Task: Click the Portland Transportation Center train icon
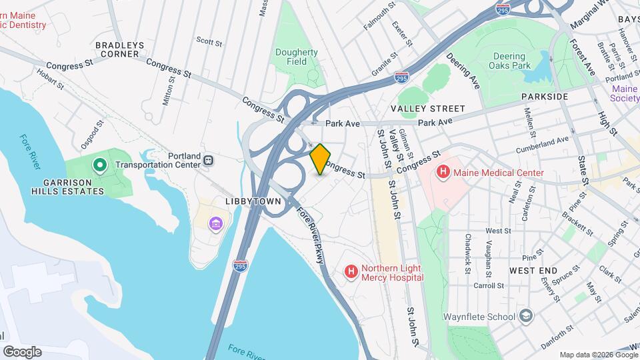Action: (x=209, y=160)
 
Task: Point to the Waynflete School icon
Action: (x=526, y=316)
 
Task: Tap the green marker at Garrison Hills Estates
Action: (x=99, y=164)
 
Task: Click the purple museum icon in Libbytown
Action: (x=215, y=222)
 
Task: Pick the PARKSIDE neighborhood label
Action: (x=545, y=97)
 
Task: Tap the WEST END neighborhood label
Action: (x=533, y=271)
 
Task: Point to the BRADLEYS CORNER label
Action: (x=120, y=50)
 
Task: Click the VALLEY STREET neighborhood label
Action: (x=427, y=109)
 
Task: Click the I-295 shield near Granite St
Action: (x=401, y=78)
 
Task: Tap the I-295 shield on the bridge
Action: (x=241, y=265)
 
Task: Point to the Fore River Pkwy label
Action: (x=312, y=233)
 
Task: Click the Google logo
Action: (x=22, y=351)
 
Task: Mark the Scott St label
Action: (x=209, y=41)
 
